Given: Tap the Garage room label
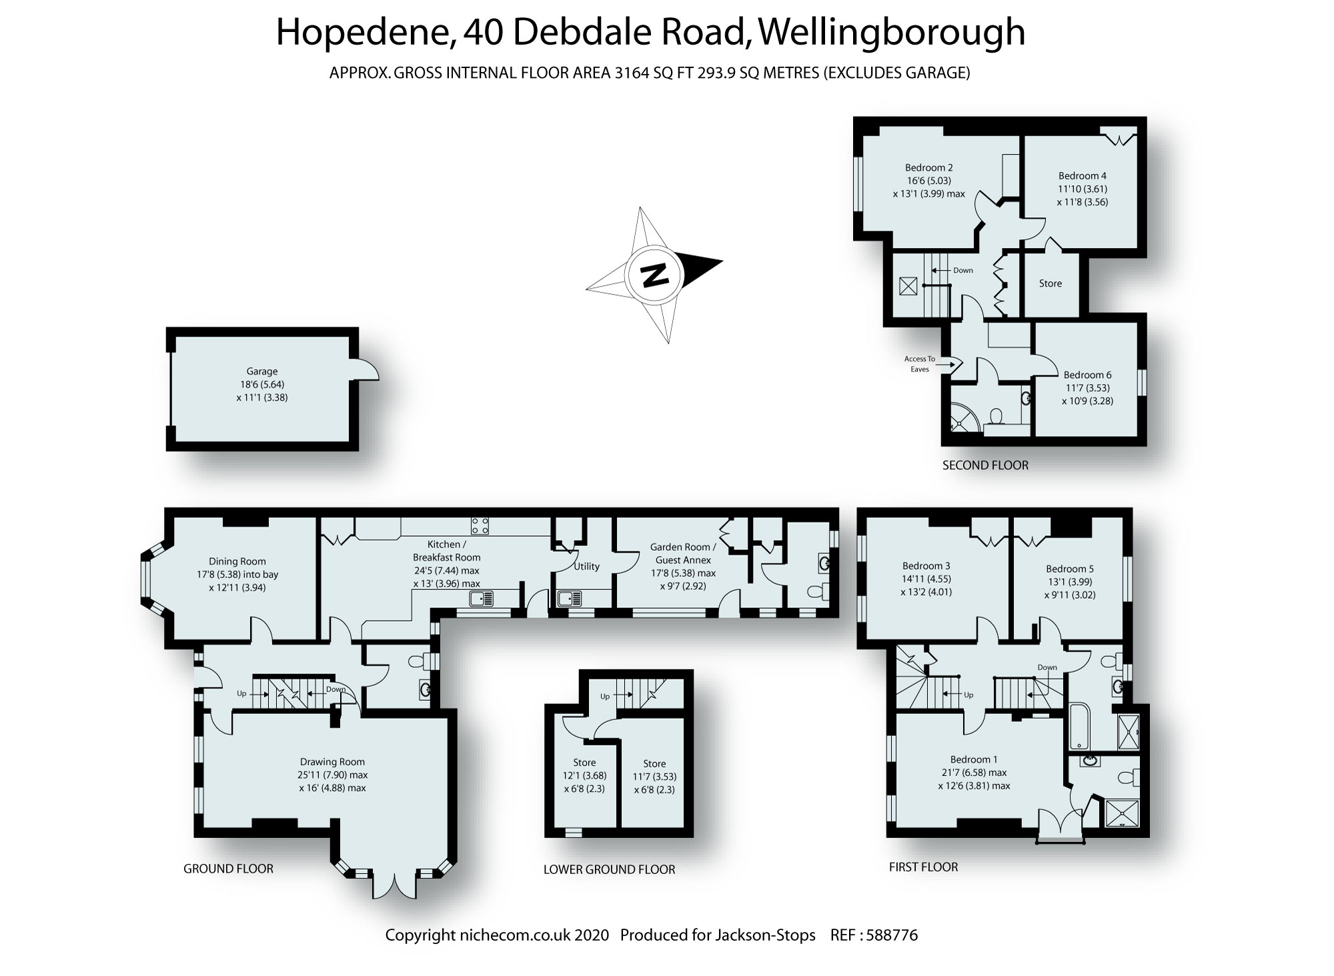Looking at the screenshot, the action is click(261, 371).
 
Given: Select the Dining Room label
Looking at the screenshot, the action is click(237, 561).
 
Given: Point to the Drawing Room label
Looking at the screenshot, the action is click(332, 761).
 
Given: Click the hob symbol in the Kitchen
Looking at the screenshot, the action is click(480, 525).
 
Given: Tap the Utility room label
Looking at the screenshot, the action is click(587, 566).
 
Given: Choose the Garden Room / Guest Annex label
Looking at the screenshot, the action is click(683, 553).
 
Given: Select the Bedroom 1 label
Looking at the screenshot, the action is click(974, 759).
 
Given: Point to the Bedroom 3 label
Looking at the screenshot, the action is click(926, 566).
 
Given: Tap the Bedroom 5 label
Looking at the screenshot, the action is click(1070, 569).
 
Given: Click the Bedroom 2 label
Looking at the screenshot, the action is click(928, 167).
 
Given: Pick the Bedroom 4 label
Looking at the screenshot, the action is click(1082, 176).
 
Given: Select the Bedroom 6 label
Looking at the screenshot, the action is click(1087, 375).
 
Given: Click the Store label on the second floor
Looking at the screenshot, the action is click(1050, 283).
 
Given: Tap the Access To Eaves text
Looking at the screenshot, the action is click(920, 364).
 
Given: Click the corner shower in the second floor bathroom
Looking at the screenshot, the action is click(962, 420).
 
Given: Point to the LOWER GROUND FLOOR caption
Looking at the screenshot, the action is click(609, 869).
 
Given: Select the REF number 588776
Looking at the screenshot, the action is click(891, 935).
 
